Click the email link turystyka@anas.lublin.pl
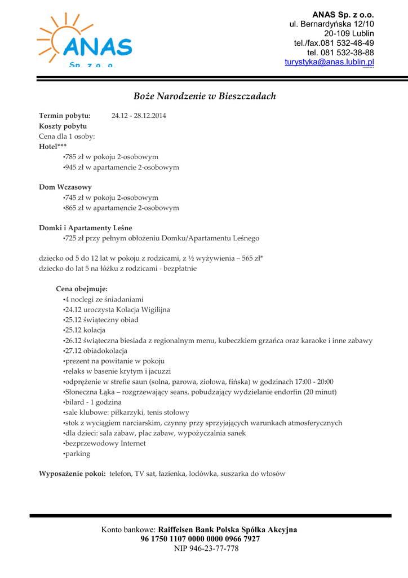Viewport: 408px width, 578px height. (x=329, y=62)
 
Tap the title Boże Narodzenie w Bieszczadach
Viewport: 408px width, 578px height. (x=205, y=96)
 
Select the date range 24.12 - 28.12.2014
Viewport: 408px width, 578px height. (x=139, y=116)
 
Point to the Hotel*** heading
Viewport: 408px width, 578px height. (x=52, y=147)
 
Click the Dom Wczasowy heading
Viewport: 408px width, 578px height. (x=65, y=187)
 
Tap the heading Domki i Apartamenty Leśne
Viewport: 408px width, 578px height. (x=86, y=228)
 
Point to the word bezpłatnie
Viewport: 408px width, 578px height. (x=180, y=269)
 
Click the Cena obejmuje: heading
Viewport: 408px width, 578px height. (x=82, y=289)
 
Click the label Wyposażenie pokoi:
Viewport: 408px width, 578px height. (x=72, y=474)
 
